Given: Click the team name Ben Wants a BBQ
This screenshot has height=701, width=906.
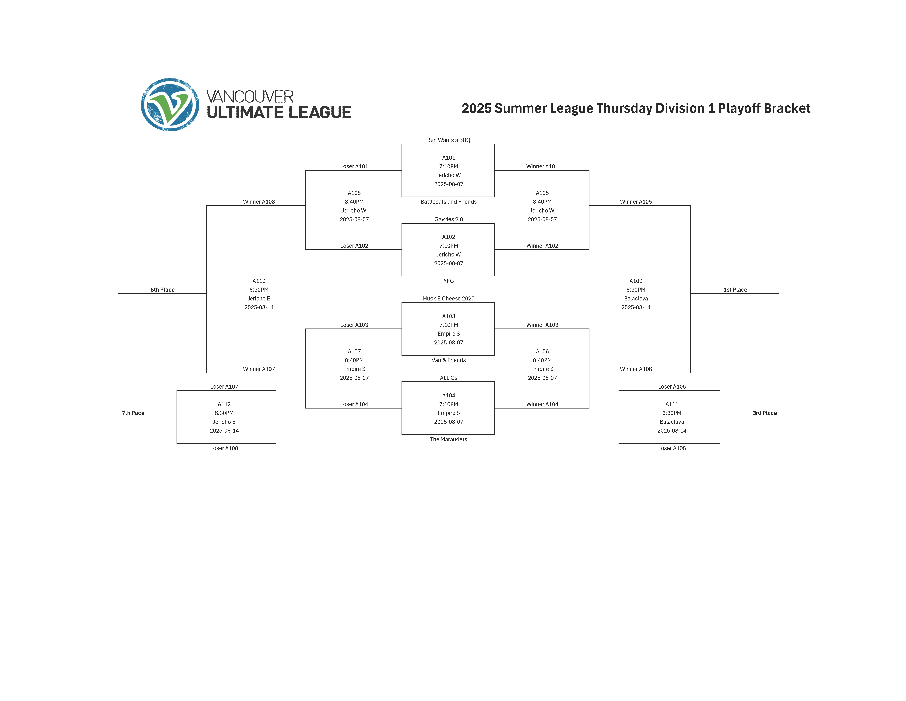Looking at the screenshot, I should coord(448,140).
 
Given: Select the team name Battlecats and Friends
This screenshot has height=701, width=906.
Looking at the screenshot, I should coord(448,202).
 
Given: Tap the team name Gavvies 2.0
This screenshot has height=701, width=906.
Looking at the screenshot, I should coord(448,219).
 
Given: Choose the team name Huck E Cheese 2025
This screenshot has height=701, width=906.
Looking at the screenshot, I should coord(448,299).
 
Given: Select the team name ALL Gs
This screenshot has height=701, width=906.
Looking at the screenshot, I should coord(448,378).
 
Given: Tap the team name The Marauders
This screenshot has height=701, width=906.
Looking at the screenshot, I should coord(448,439).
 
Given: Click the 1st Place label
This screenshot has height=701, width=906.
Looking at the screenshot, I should coord(735,290).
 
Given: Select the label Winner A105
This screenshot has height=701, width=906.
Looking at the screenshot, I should coord(636,202).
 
